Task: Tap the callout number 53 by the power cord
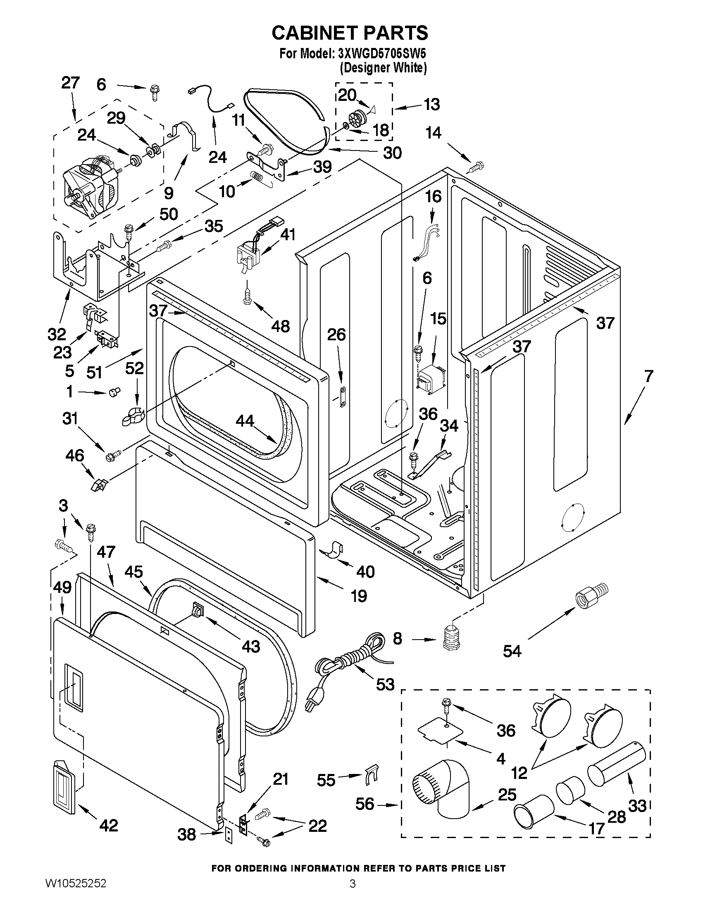click(x=385, y=684)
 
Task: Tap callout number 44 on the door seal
click(x=245, y=421)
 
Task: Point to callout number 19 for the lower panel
click(x=359, y=596)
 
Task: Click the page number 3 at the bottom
click(x=353, y=893)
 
